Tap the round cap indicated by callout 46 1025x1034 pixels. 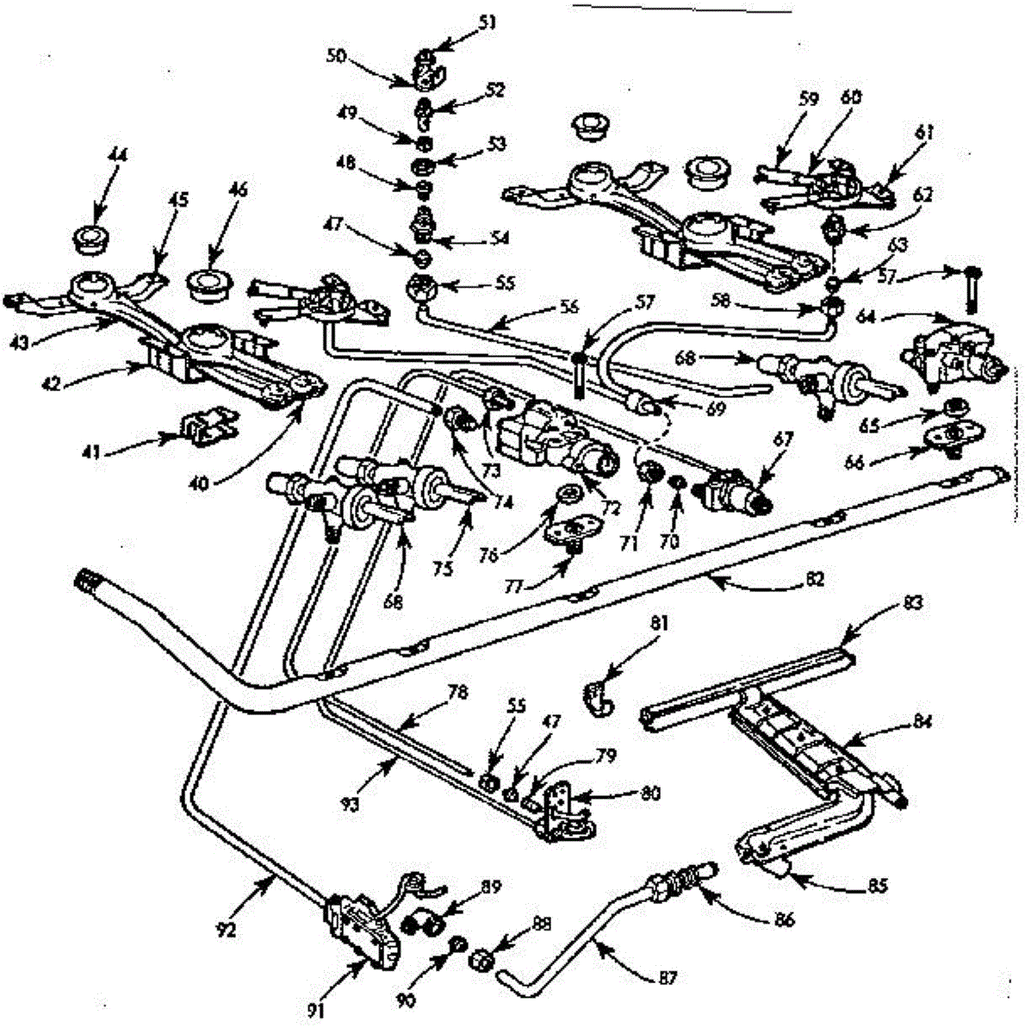click(207, 283)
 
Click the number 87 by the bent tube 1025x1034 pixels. click(666, 978)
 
